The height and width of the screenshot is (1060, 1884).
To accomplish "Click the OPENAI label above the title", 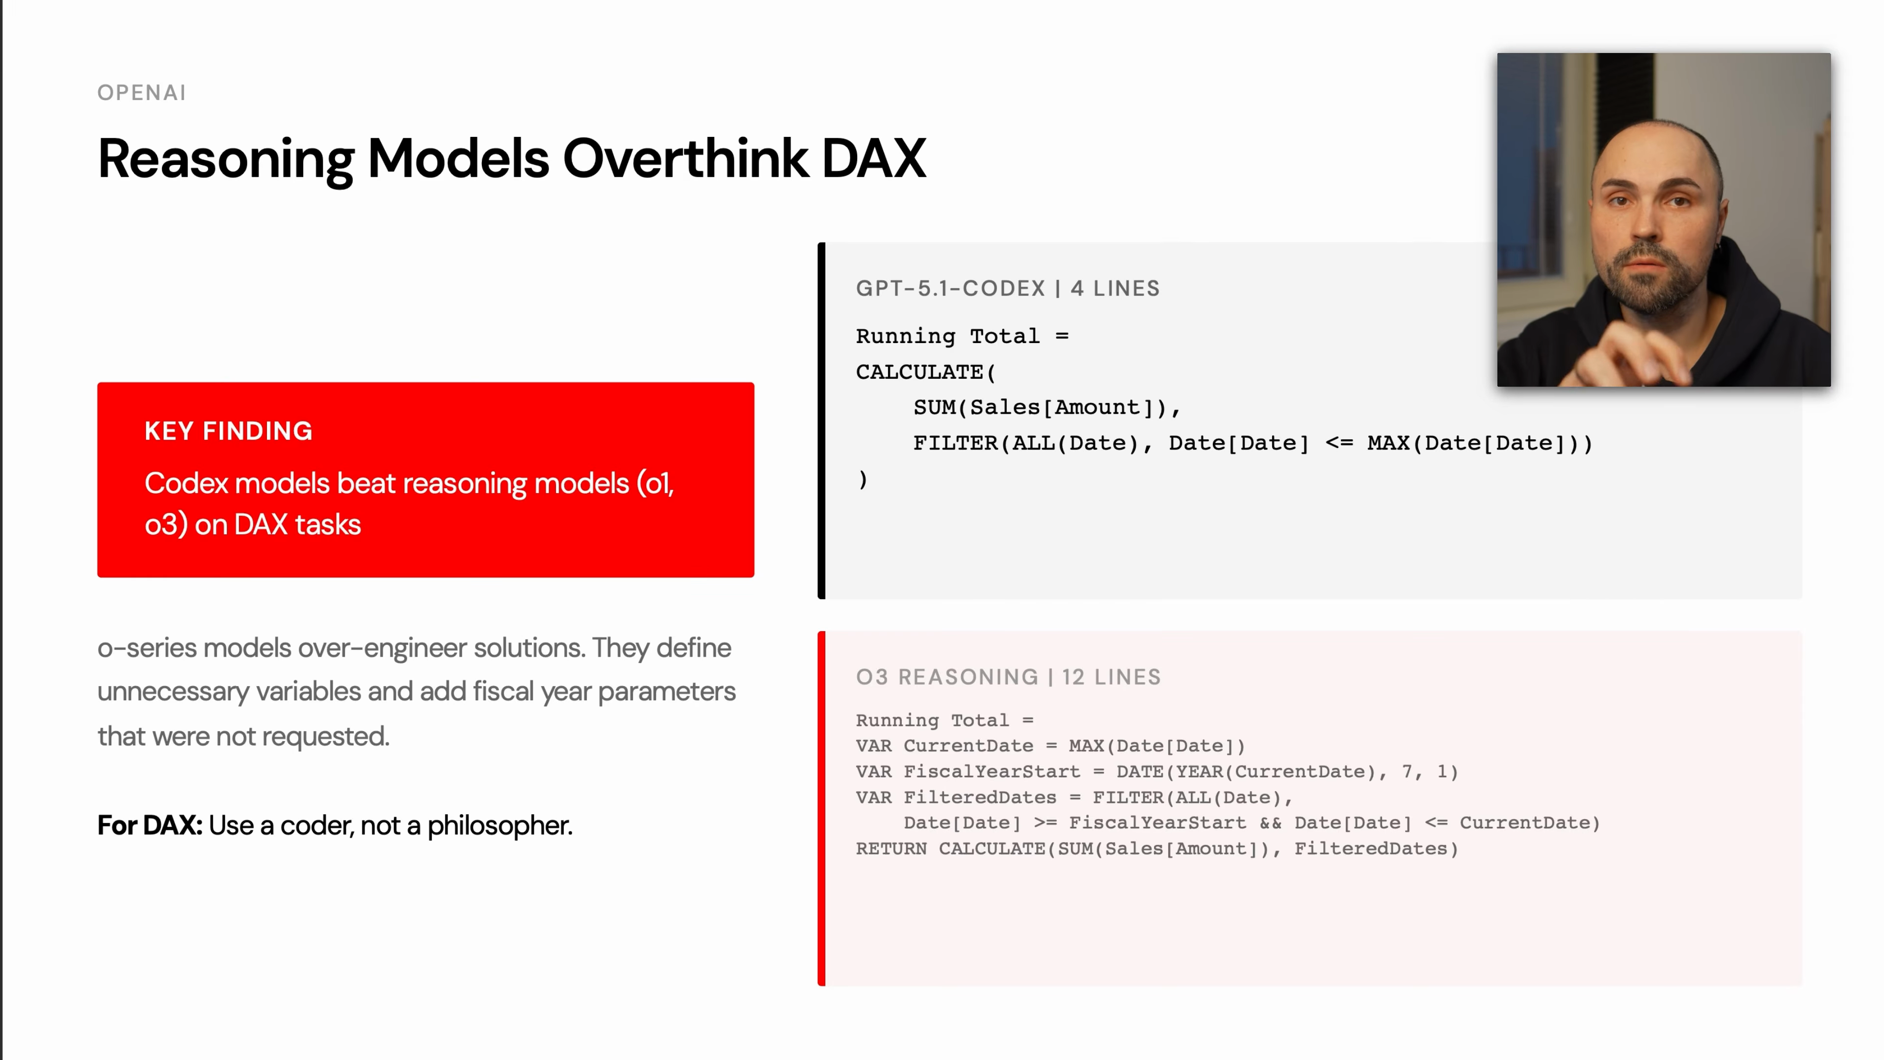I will tap(141, 93).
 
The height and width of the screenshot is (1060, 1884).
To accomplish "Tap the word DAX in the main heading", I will tap(873, 158).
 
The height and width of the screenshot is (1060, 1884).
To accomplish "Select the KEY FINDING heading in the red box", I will tap(228, 431).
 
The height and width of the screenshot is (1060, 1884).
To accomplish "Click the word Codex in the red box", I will tap(186, 483).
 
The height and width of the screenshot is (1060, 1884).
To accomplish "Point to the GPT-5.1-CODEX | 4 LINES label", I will tap(1007, 288).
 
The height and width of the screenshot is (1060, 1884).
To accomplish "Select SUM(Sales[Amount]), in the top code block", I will tap(1046, 407).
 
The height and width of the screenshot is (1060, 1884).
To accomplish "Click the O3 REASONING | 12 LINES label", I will tap(1008, 677).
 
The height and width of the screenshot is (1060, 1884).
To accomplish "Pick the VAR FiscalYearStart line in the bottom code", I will tap(1155, 772).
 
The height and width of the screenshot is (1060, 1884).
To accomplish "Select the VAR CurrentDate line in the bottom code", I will tap(1049, 746).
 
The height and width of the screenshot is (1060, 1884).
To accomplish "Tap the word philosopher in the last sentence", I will tap(499, 825).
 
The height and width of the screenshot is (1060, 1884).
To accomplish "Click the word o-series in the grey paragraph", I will tap(146, 648).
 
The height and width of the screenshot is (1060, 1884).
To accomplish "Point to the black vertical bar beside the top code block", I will tap(821, 421).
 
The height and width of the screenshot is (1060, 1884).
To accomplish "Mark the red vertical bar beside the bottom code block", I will tap(821, 808).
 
